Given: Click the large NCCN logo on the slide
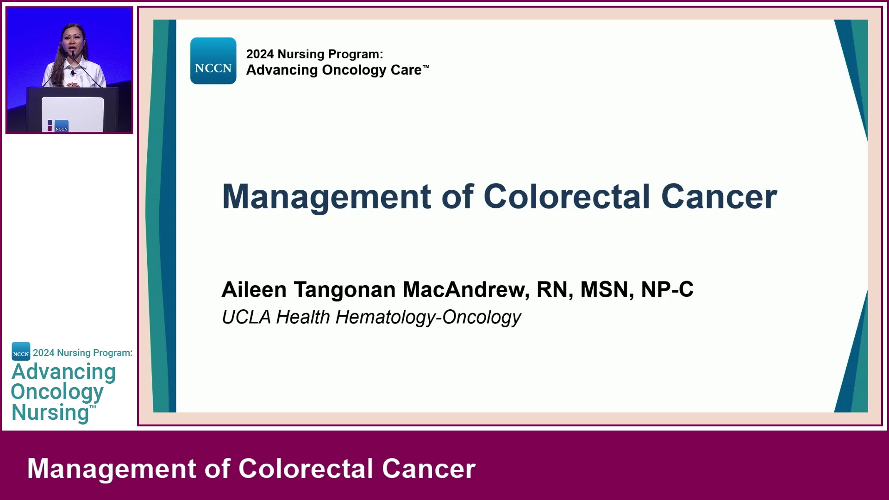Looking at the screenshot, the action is click(x=213, y=61).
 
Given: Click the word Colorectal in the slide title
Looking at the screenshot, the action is click(x=567, y=196).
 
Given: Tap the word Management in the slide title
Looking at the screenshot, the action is click(x=327, y=197).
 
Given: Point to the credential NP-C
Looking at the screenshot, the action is click(x=667, y=289).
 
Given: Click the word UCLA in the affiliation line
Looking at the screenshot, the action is click(x=246, y=317).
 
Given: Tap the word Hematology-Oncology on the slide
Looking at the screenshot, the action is click(x=428, y=318).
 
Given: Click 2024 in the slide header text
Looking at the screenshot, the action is click(x=260, y=54).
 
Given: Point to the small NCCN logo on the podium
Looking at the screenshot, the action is click(x=62, y=126).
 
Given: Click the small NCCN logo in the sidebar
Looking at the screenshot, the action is click(x=21, y=351).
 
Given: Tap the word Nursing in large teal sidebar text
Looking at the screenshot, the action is click(x=50, y=412).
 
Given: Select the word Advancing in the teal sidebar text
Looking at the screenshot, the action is click(x=63, y=372).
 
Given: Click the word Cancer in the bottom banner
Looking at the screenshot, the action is click(x=428, y=469).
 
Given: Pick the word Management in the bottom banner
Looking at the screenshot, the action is click(x=112, y=469).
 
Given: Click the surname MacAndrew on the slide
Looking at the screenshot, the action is click(x=466, y=289).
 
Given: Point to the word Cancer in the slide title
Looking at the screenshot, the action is click(x=719, y=196).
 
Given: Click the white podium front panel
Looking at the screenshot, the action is click(x=73, y=114).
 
